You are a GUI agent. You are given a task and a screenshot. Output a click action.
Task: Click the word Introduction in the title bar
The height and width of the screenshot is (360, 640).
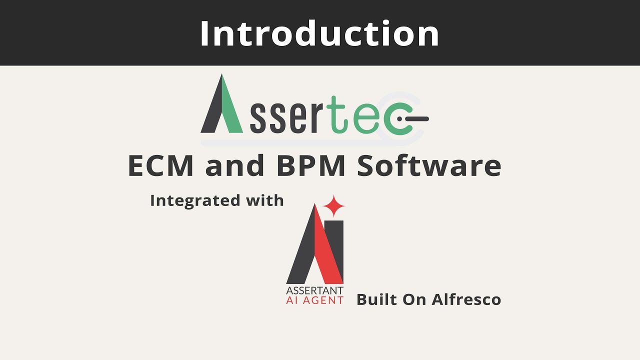point(319,33)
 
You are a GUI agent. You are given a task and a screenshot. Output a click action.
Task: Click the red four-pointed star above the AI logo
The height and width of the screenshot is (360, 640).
point(334,206)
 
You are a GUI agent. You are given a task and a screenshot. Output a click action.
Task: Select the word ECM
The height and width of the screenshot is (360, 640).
point(160,166)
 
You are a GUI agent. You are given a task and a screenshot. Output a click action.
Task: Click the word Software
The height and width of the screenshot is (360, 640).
point(429,166)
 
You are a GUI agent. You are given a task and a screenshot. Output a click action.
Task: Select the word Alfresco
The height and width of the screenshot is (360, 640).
point(466,299)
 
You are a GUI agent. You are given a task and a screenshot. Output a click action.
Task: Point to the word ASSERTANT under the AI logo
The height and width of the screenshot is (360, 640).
point(314,290)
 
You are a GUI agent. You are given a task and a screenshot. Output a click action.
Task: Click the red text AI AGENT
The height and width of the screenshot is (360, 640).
point(314,300)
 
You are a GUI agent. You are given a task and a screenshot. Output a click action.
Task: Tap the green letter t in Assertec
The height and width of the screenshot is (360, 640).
point(338,115)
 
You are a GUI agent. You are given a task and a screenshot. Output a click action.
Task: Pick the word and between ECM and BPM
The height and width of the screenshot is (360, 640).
point(234,166)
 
